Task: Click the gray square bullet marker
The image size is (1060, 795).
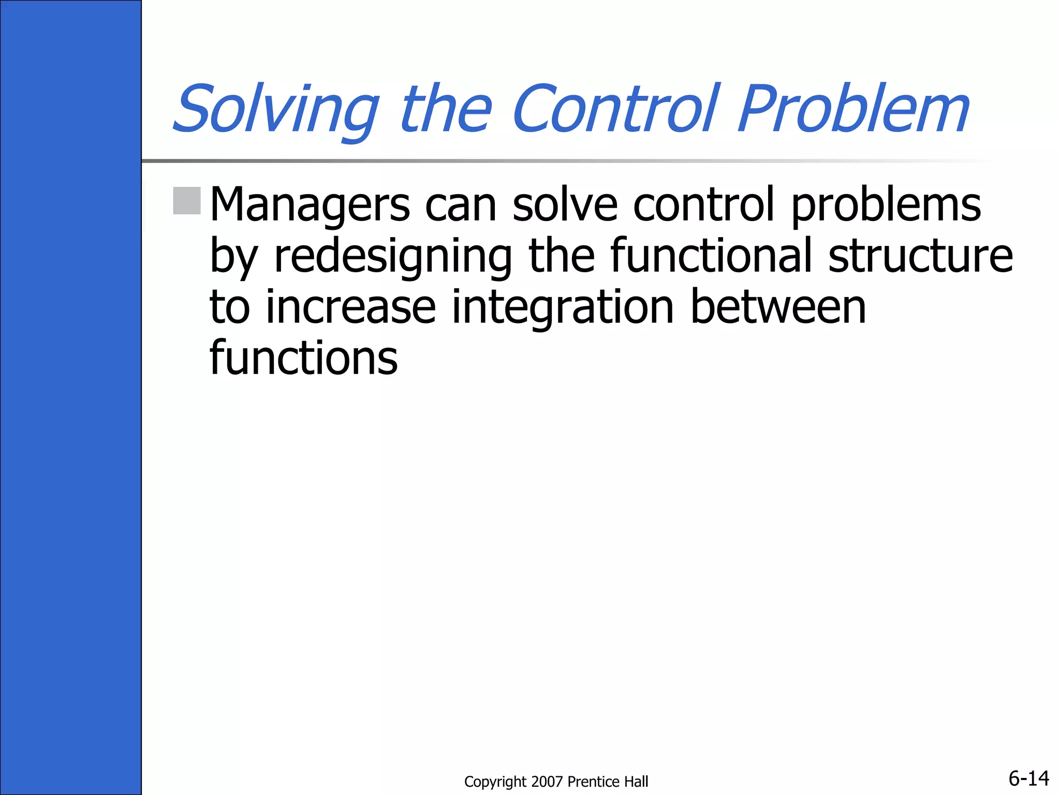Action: pyautogui.click(x=187, y=201)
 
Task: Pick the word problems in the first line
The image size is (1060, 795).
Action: pyautogui.click(x=886, y=205)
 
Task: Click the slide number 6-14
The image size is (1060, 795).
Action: pyautogui.click(x=1028, y=778)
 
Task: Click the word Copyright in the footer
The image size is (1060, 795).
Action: pyautogui.click(x=495, y=782)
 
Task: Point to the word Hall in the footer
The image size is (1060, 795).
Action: pyautogui.click(x=636, y=782)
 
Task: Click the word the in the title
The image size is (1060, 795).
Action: pyautogui.click(x=446, y=110)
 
